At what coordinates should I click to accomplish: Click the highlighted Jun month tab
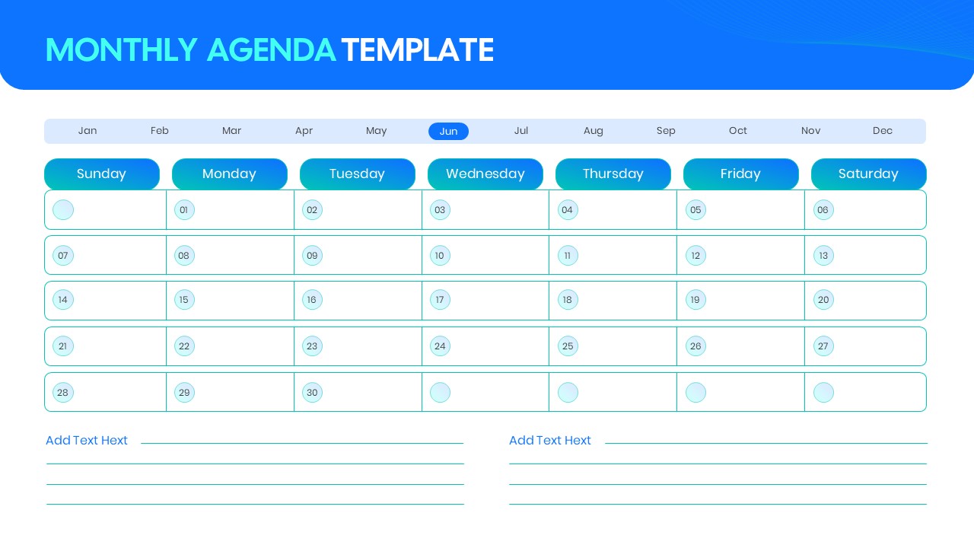[x=448, y=131]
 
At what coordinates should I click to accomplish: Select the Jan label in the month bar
[x=88, y=131]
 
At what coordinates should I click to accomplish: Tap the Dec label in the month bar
[x=883, y=131]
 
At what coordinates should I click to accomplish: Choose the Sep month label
[x=666, y=131]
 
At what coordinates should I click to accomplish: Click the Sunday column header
[x=102, y=174]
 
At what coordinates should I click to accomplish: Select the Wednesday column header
[x=485, y=174]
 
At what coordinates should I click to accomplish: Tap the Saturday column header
[x=868, y=174]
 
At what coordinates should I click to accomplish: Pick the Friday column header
[x=740, y=174]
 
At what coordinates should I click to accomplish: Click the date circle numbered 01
[x=184, y=210]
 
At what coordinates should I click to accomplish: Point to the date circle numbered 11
[x=568, y=256]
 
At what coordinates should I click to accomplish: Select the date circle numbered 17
[x=440, y=300]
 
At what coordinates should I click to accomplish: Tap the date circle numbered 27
[x=823, y=346]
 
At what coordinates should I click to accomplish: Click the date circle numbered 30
[x=312, y=393]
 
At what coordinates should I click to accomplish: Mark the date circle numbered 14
[x=63, y=300]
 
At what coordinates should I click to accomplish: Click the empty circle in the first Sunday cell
[x=63, y=210]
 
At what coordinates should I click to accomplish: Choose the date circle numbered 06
[x=823, y=210]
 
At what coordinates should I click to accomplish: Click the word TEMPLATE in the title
[x=418, y=50]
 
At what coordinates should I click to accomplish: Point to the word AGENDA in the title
[x=271, y=50]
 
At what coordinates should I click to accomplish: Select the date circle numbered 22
[x=184, y=346]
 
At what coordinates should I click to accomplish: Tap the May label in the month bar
[x=376, y=131]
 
